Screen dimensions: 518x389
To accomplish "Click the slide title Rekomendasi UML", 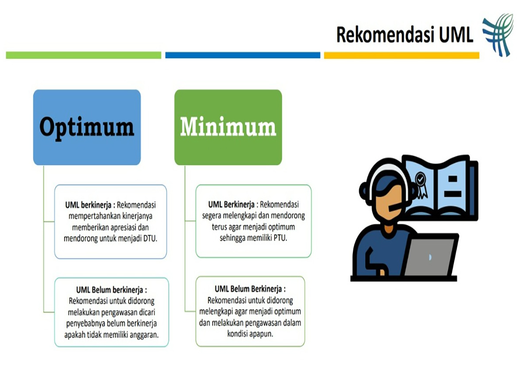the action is pos(404,35).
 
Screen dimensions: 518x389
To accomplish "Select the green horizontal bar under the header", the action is pos(84,55).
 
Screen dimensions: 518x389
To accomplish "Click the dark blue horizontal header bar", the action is pos(243,55).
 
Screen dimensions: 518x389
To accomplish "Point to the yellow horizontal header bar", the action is pos(401,55).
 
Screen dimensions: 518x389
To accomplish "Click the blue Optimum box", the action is pos(87,127).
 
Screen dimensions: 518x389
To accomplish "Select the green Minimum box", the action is pos(228,127).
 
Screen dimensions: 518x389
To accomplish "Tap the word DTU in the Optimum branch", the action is pos(150,238).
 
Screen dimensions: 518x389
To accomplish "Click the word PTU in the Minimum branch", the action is pos(280,238).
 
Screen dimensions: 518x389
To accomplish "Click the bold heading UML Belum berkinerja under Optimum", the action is pos(111,290).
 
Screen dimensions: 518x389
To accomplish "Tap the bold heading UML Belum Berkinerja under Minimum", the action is pos(250,289).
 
